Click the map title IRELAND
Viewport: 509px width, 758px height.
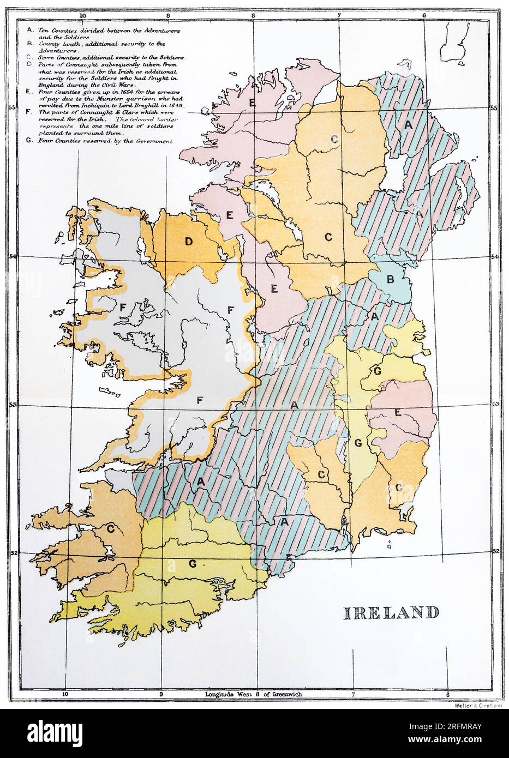click(x=391, y=612)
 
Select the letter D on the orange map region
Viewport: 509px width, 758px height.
click(x=189, y=242)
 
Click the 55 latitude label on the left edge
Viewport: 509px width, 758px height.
click(x=11, y=107)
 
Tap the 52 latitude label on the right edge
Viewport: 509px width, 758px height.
click(x=496, y=551)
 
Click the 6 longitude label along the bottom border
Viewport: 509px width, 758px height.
click(x=447, y=695)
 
